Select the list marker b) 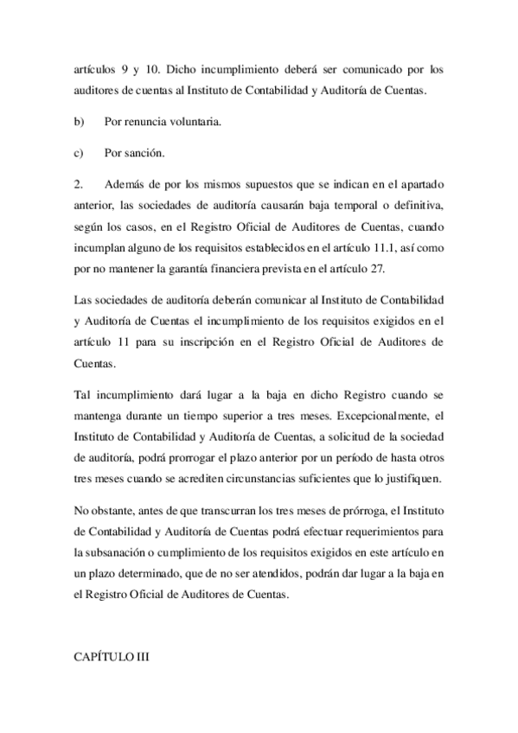point(80,122)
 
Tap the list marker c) point(79,154)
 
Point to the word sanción point(144,154)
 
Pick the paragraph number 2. point(79,185)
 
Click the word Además point(123,185)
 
